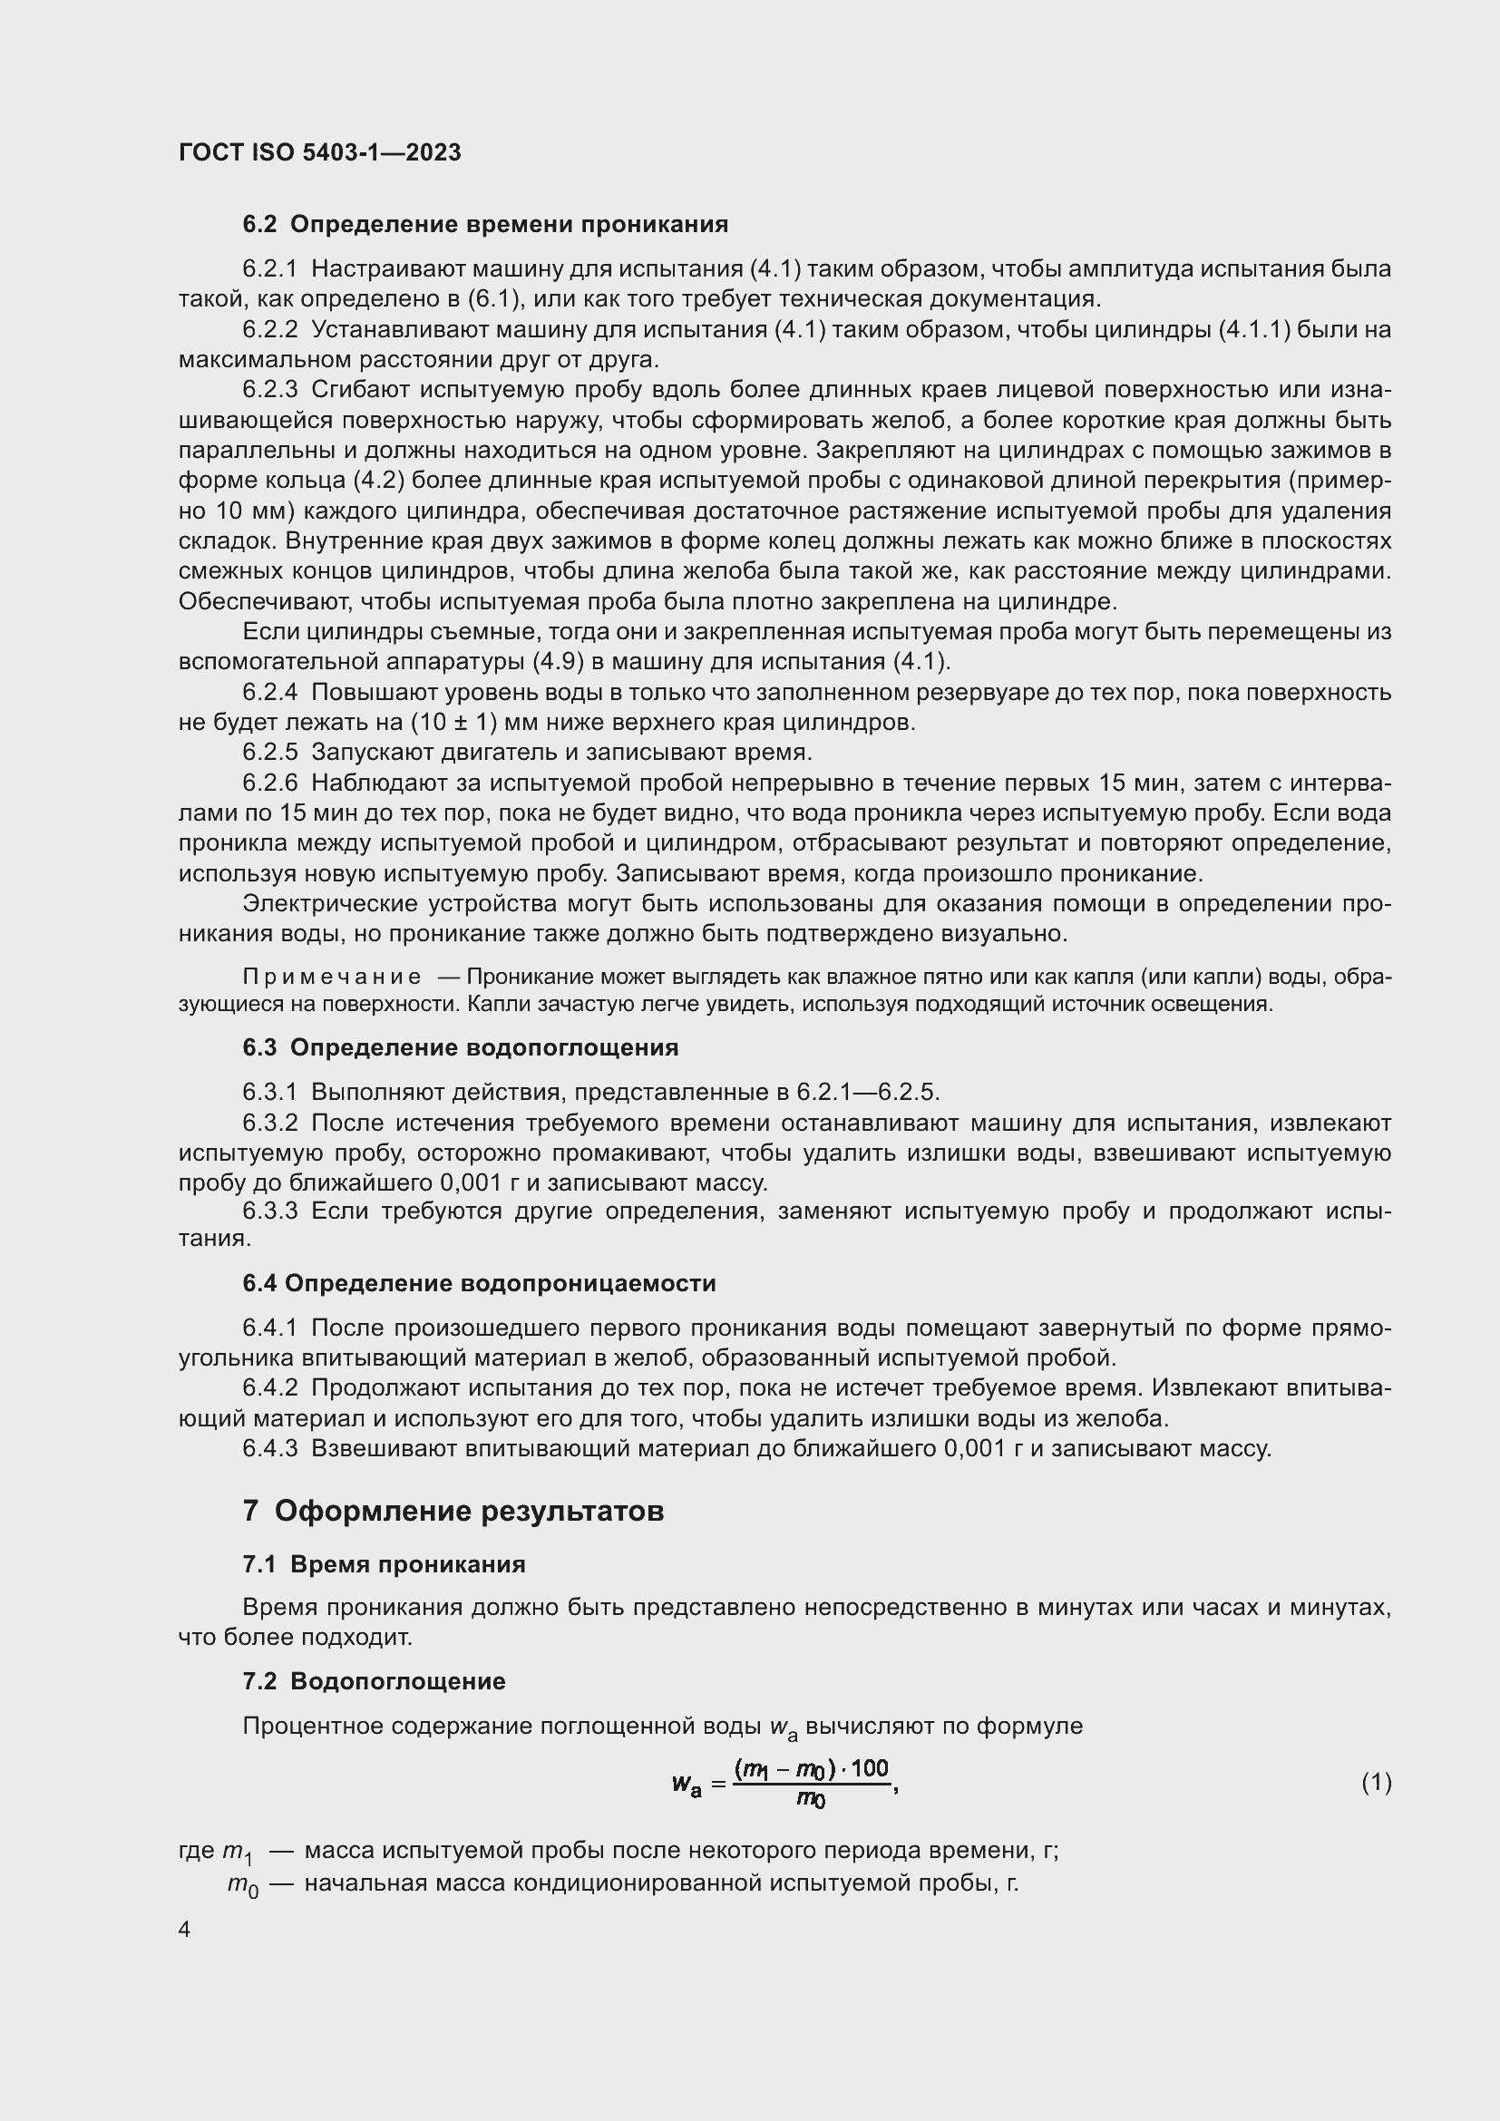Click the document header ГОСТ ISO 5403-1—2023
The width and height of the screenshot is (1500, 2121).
coord(319,152)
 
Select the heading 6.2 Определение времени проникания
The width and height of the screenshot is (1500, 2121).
coord(485,225)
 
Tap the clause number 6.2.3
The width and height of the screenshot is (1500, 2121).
coord(269,390)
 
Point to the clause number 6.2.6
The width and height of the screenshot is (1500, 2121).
coord(269,783)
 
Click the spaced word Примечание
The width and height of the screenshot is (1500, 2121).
coord(332,978)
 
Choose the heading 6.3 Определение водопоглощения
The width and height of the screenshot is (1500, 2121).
coord(460,1047)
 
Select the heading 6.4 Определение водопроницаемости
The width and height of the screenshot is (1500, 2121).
coord(480,1283)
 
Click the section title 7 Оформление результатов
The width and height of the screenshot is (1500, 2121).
coord(453,1512)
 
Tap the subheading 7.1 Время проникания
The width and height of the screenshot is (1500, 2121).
coord(384,1564)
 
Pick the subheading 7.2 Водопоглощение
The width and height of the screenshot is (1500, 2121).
coord(374,1681)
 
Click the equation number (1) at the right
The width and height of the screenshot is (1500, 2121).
coord(1377,1782)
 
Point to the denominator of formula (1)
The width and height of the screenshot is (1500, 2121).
coord(810,1799)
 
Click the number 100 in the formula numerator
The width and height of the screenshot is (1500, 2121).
coord(869,1768)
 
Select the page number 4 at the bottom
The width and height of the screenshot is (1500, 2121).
coord(185,1930)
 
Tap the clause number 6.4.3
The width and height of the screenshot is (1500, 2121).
coord(269,1448)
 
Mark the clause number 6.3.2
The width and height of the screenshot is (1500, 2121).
coord(269,1124)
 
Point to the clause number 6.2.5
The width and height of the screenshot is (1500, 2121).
coord(269,752)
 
